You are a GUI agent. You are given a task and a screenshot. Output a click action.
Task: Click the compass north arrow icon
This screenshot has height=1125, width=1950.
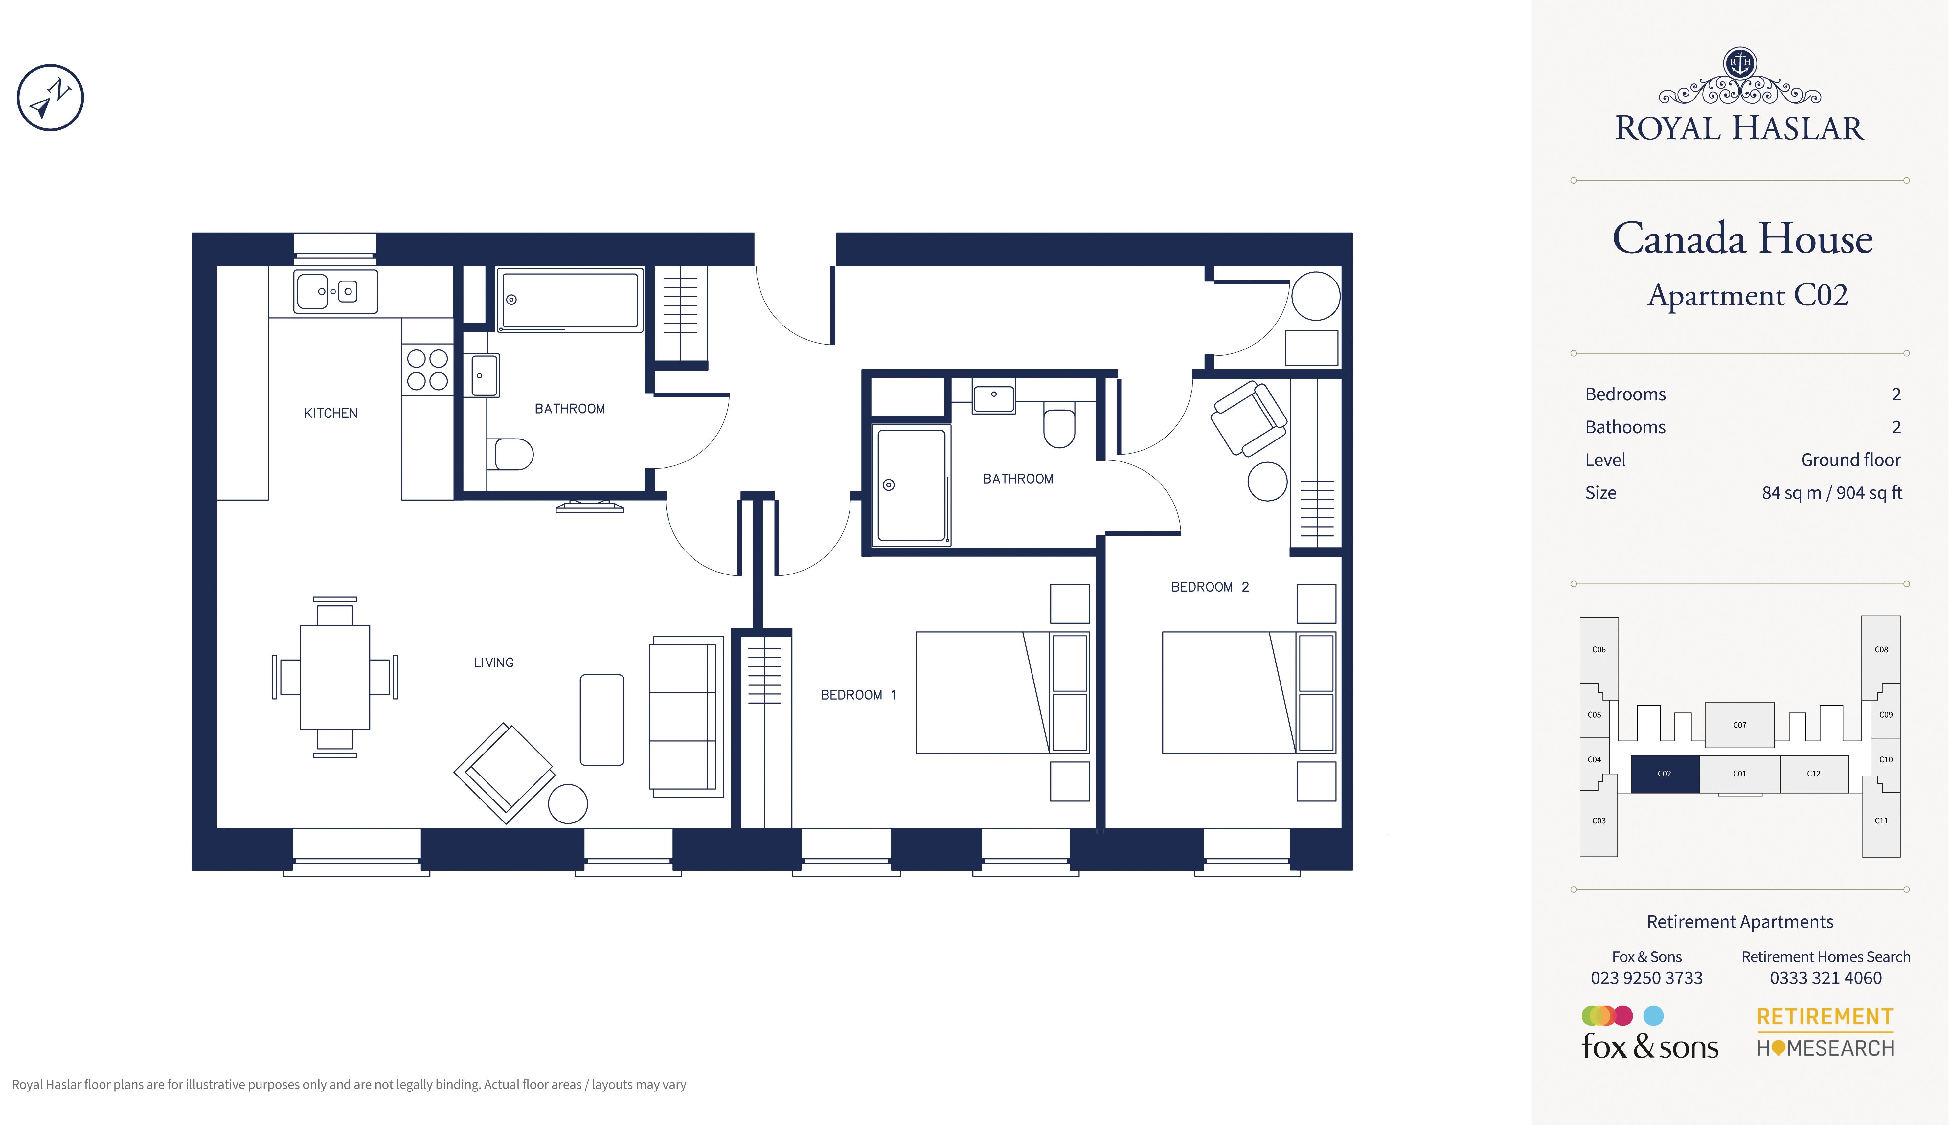pyautogui.click(x=50, y=97)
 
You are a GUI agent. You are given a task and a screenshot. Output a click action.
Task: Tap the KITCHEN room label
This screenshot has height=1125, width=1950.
pyautogui.click(x=331, y=413)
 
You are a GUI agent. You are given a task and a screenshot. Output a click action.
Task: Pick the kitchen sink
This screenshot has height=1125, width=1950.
pyautogui.click(x=335, y=291)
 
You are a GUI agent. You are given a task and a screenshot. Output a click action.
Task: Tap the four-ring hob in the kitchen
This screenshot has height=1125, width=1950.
pyautogui.click(x=427, y=369)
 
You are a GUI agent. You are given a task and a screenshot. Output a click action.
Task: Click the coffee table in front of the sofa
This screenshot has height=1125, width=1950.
pyautogui.click(x=602, y=720)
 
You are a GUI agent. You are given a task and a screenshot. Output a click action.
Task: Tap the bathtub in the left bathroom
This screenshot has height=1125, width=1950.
pyautogui.click(x=570, y=300)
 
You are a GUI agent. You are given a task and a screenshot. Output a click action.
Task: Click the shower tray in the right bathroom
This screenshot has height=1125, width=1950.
pyautogui.click(x=912, y=485)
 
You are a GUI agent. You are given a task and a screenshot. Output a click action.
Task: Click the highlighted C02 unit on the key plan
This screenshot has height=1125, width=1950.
pyautogui.click(x=1665, y=774)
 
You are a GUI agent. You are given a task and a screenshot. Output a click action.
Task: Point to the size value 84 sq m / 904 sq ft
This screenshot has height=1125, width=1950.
pyautogui.click(x=1832, y=493)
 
